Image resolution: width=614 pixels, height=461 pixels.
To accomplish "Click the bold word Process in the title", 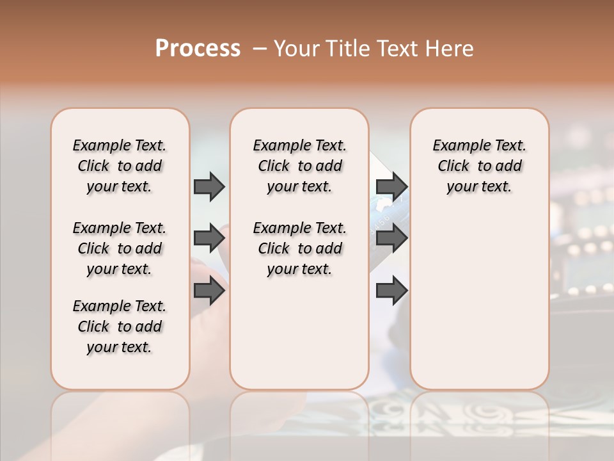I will (198, 48).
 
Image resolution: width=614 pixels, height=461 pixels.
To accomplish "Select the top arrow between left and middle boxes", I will (209, 186).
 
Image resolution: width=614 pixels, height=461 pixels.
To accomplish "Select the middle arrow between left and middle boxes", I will (209, 238).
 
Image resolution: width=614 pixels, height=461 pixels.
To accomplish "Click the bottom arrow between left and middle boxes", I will (209, 291).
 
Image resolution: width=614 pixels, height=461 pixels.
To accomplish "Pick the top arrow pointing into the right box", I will (391, 186).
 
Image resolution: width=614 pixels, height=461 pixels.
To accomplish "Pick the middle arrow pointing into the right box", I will (391, 238).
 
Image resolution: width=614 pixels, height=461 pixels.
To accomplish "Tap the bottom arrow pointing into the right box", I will (391, 291).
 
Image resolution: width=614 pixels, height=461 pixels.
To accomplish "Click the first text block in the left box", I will (120, 166).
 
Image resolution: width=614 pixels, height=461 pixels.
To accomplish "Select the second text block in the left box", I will (120, 248).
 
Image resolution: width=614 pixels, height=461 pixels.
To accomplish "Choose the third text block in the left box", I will (120, 327).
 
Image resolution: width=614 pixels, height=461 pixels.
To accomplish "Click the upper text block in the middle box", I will (299, 166).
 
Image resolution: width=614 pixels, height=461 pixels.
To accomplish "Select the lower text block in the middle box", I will (299, 248).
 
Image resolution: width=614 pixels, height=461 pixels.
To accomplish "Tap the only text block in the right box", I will (479, 166).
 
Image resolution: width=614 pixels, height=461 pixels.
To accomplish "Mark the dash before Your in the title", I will (260, 49).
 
